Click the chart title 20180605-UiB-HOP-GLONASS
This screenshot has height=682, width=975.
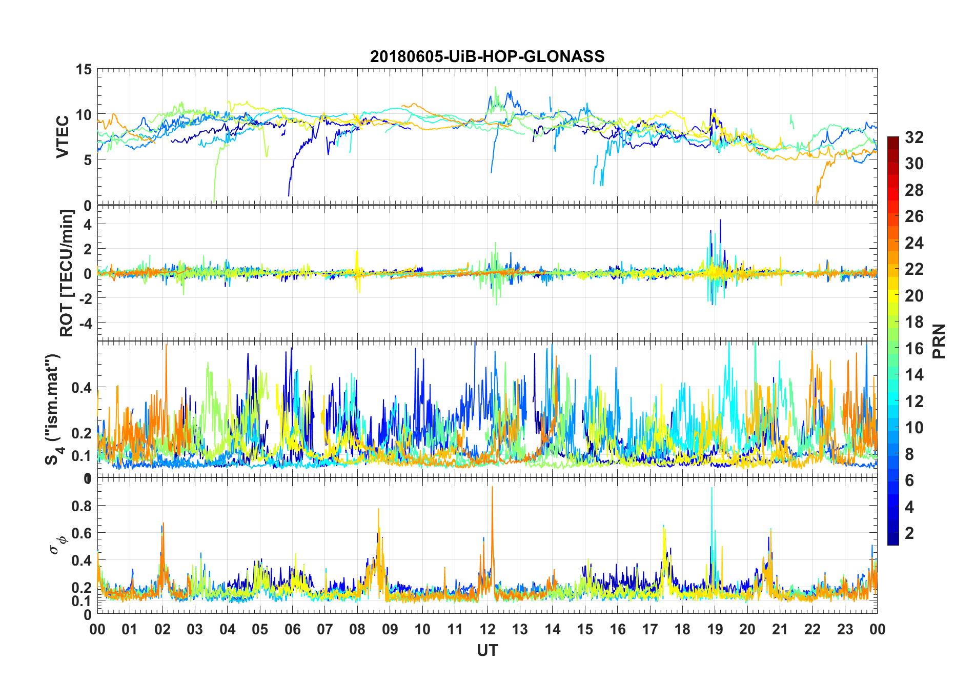tap(487, 56)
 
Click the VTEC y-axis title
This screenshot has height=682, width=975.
tap(63, 137)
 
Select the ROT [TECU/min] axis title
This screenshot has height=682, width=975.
tap(67, 273)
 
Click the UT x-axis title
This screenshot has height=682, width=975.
tap(487, 651)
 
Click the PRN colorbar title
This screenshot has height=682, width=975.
tap(939, 342)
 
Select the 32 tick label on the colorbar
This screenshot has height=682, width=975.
tap(914, 137)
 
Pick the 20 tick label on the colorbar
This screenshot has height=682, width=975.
tap(914, 296)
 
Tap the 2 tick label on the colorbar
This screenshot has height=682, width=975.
tap(909, 533)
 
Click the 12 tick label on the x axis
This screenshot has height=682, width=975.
tap(488, 630)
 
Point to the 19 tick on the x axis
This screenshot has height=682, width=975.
tap(715, 630)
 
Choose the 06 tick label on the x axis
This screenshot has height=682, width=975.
tap(292, 630)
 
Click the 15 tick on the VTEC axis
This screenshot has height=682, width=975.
tap(84, 69)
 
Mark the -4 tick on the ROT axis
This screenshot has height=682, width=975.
tap(85, 323)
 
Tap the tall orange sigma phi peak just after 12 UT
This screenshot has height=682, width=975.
tap(492, 487)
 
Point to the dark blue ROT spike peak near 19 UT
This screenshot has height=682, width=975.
tap(720, 220)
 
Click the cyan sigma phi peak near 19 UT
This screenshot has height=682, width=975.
tap(712, 488)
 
